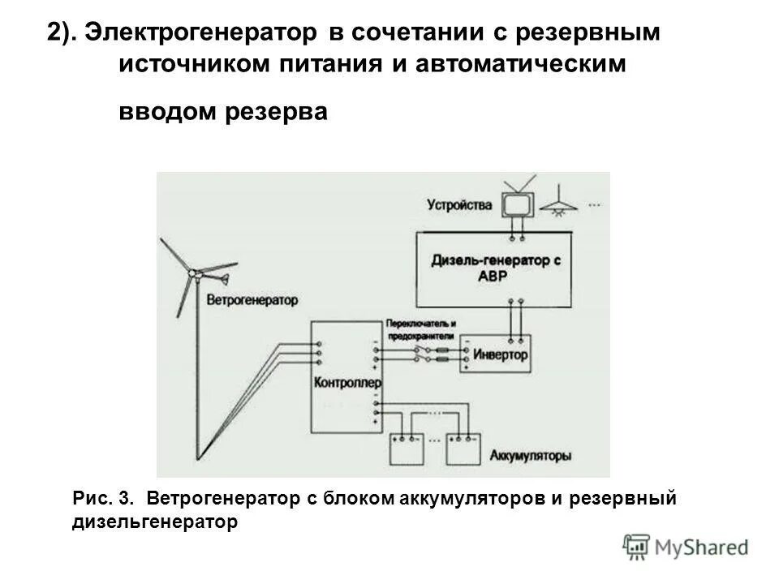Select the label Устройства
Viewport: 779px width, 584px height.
[x=462, y=205]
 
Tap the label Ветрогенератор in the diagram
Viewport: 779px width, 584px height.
[x=252, y=299]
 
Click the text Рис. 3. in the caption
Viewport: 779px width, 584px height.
[x=102, y=496]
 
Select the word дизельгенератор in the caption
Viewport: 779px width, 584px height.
[x=155, y=522]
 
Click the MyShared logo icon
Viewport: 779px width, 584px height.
[x=636, y=547]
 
